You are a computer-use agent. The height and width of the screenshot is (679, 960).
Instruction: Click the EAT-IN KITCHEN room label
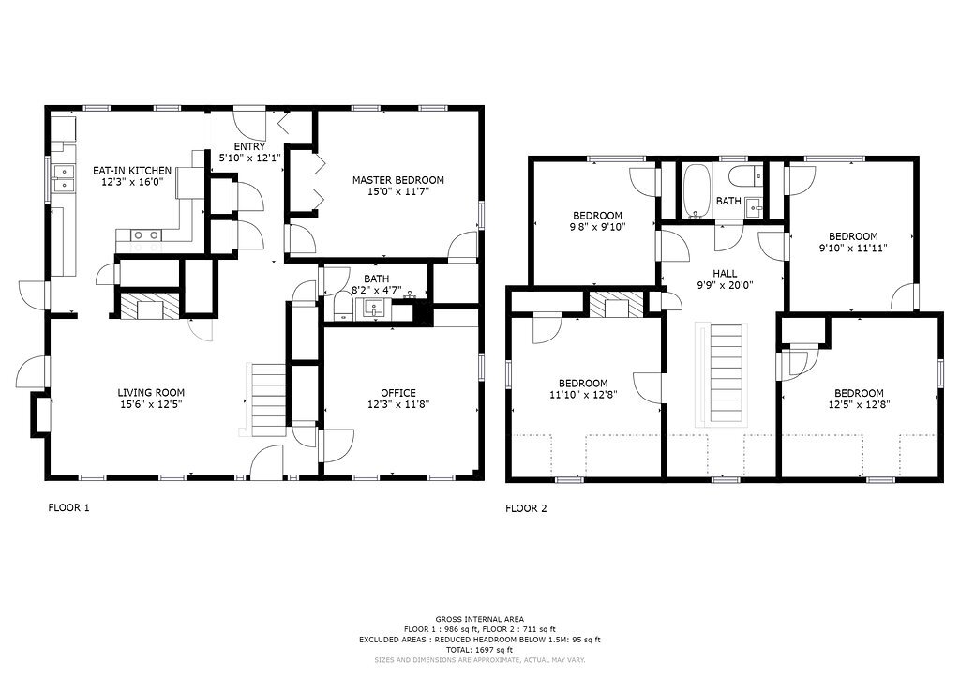pos(132,170)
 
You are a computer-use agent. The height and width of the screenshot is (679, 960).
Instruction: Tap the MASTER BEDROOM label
pos(397,180)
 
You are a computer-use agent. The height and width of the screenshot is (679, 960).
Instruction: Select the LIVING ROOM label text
pos(151,392)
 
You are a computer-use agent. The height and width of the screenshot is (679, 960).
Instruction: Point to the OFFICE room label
pos(397,392)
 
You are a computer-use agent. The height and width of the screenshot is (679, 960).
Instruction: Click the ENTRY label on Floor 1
pos(249,146)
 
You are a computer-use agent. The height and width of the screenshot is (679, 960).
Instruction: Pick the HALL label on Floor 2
pos(725,274)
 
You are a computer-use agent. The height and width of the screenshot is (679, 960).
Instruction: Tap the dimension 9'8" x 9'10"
pos(597,227)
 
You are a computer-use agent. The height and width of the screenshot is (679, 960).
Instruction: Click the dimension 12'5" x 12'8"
pos(859,404)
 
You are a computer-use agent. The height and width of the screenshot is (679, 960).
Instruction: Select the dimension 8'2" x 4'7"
pos(376,290)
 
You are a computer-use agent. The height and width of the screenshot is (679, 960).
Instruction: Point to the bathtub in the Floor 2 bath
pos(697,191)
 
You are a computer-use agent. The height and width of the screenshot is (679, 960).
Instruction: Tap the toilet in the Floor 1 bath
pos(343,307)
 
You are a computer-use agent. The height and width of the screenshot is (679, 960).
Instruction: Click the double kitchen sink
pos(63,177)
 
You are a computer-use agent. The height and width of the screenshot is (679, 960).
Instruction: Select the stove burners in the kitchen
pos(145,234)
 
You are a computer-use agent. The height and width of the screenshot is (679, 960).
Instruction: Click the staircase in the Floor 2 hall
pos(726,374)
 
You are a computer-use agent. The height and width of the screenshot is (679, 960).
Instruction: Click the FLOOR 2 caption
pos(526,508)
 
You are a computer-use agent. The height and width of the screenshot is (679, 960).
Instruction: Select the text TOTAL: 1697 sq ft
pos(479,650)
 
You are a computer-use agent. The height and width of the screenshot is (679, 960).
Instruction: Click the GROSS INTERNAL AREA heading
pos(479,619)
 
